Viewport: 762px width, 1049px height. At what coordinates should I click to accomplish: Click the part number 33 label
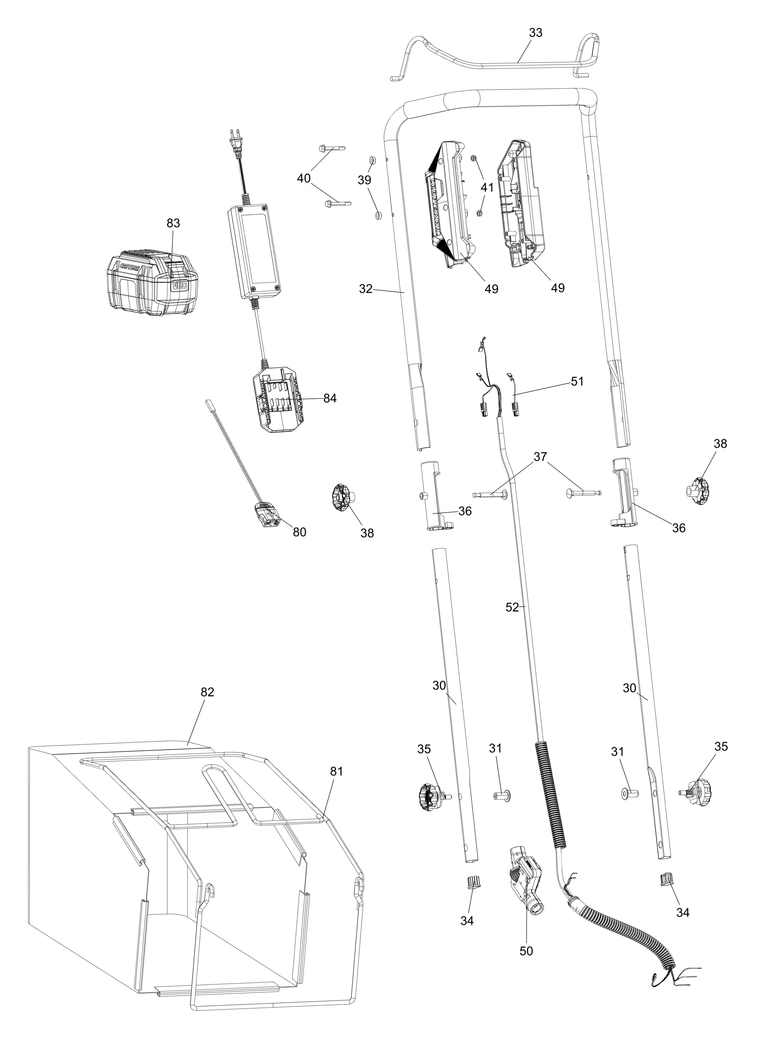536,33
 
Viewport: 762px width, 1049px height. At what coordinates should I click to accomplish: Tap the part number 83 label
173,223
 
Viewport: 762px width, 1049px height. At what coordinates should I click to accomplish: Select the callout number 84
330,398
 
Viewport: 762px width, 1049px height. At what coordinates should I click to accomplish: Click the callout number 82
207,705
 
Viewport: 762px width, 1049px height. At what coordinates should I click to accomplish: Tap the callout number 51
577,382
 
